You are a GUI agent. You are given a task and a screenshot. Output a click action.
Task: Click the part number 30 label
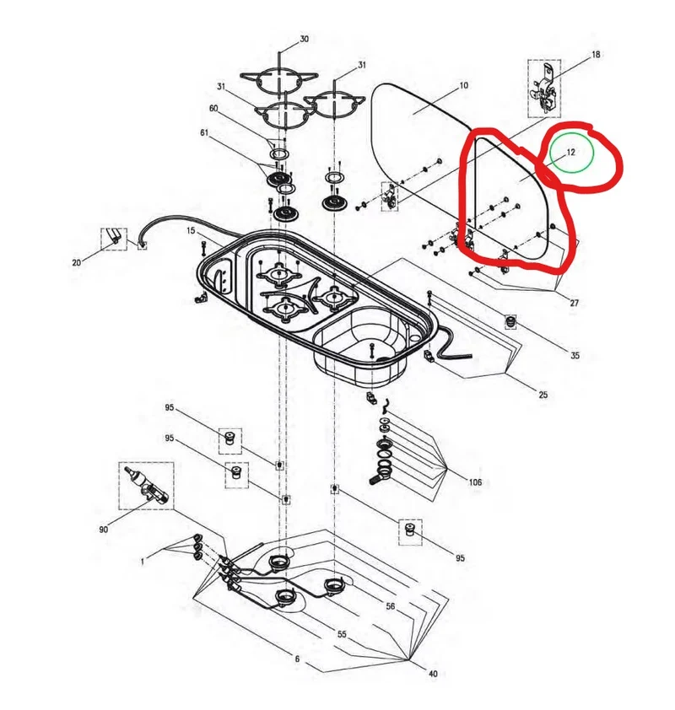[304, 39]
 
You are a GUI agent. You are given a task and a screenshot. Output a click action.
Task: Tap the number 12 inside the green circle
[570, 152]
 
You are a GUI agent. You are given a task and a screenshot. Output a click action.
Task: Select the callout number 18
[596, 54]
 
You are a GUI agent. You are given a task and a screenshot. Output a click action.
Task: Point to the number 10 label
[464, 85]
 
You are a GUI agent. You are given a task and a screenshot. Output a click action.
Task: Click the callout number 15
[191, 231]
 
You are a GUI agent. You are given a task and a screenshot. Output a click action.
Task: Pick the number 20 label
[77, 262]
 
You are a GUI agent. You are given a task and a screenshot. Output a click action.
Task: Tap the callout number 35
[575, 356]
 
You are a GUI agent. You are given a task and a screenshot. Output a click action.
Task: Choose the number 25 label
[543, 395]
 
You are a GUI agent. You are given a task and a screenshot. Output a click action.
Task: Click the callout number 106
[475, 482]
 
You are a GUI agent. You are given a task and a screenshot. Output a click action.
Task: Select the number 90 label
[103, 529]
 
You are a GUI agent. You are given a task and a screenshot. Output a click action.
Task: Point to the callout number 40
[433, 674]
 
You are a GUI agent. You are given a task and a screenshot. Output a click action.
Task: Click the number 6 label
[297, 659]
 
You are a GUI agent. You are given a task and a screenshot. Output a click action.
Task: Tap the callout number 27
[575, 303]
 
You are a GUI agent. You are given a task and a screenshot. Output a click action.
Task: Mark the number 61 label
[204, 132]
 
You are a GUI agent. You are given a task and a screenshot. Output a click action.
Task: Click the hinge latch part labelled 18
[545, 89]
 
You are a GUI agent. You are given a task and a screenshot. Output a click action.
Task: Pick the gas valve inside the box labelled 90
[146, 486]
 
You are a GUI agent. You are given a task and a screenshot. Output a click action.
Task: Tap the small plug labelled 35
[511, 322]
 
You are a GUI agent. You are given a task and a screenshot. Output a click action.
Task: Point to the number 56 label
[391, 605]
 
